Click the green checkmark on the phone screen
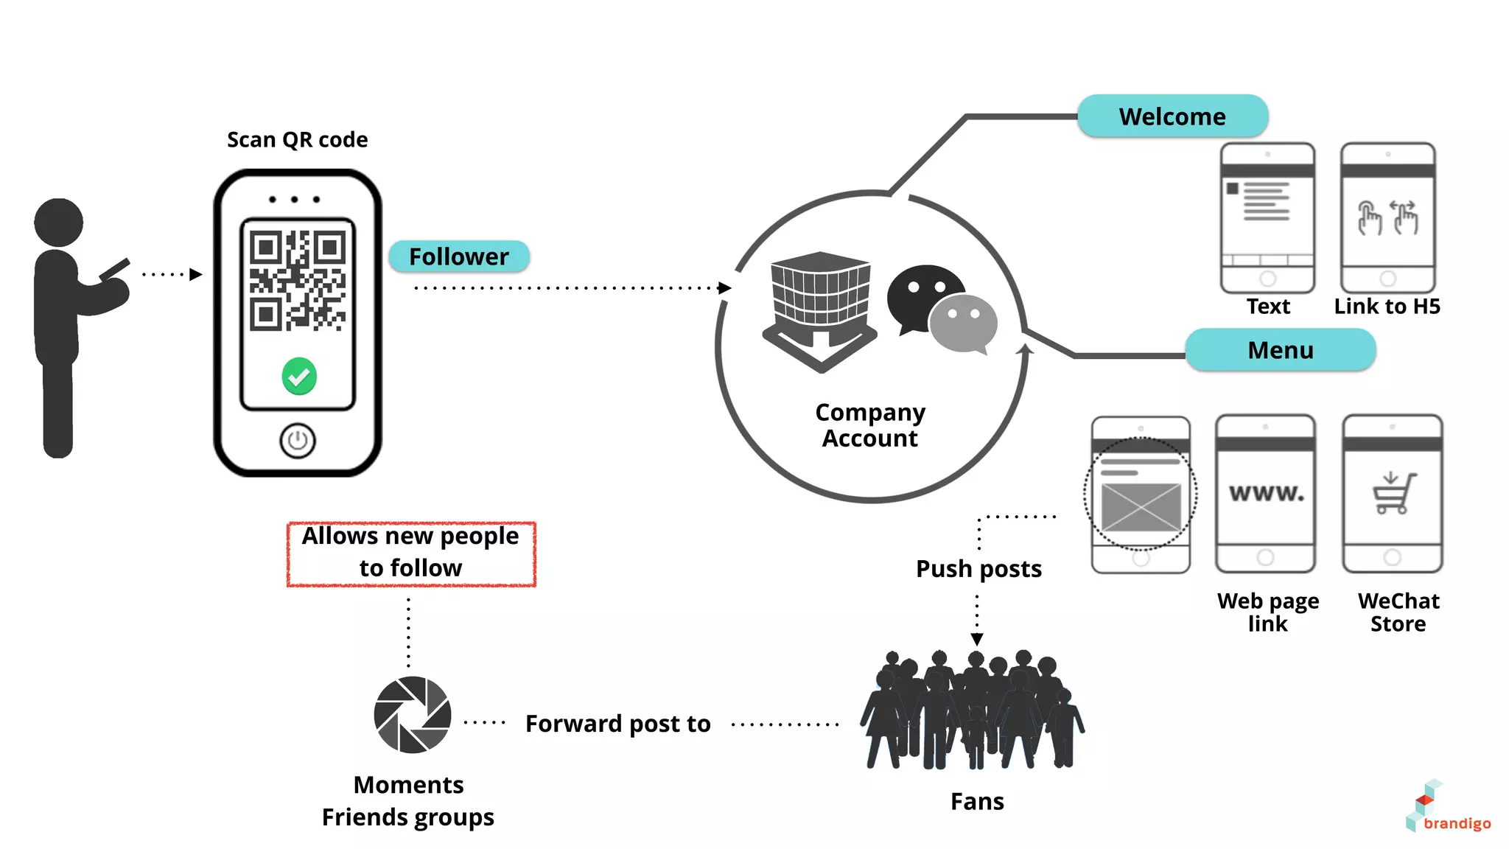(299, 377)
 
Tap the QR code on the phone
(297, 280)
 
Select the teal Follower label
(458, 256)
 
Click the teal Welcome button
(1172, 116)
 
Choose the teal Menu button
(1280, 350)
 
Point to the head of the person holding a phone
(58, 222)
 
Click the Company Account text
(870, 425)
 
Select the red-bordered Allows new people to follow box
(411, 554)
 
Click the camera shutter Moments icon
(412, 714)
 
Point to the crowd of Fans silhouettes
(973, 711)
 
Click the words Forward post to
(617, 724)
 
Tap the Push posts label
(978, 569)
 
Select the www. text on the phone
(1266, 492)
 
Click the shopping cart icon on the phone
(1393, 493)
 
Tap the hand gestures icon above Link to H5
(1387, 218)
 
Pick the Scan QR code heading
(297, 140)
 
